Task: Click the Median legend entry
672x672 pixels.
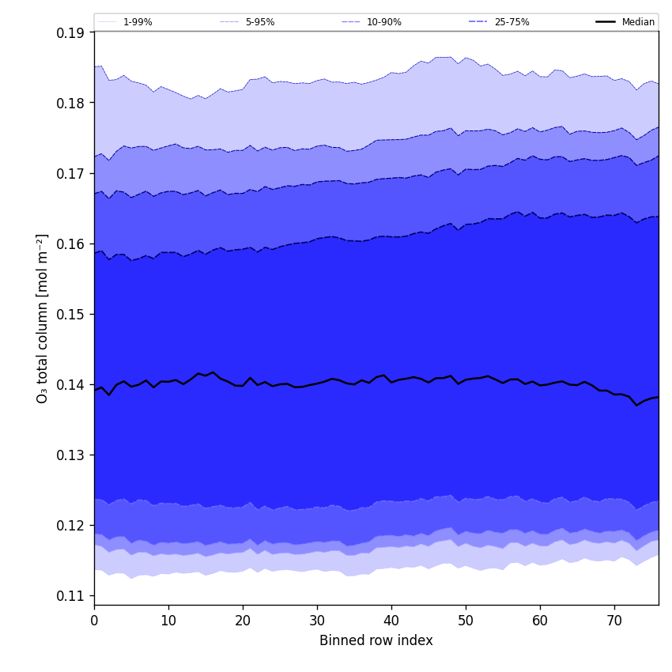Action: tap(637, 22)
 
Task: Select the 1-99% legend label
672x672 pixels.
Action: tap(138, 22)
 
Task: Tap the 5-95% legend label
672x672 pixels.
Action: tap(259, 22)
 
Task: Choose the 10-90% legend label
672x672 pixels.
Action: tap(383, 22)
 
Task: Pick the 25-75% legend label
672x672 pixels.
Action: tap(512, 22)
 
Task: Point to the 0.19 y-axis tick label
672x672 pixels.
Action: tap(70, 32)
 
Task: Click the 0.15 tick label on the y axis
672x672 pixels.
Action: tap(70, 314)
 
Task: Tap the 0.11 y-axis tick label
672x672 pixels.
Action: tap(70, 595)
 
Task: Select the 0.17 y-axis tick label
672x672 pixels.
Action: tap(70, 173)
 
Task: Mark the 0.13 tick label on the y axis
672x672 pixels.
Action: tap(70, 455)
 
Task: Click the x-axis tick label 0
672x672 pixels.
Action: tap(94, 621)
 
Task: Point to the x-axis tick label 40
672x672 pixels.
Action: tap(391, 621)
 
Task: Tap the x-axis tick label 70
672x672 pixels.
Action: tap(614, 621)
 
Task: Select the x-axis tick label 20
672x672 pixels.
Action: tap(243, 621)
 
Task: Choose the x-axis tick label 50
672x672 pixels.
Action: tap(466, 621)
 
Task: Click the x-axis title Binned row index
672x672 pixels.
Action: tap(376, 640)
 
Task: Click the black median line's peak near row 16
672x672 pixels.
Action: tap(213, 372)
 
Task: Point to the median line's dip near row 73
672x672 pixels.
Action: tap(636, 405)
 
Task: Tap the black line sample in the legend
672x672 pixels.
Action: tap(606, 22)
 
